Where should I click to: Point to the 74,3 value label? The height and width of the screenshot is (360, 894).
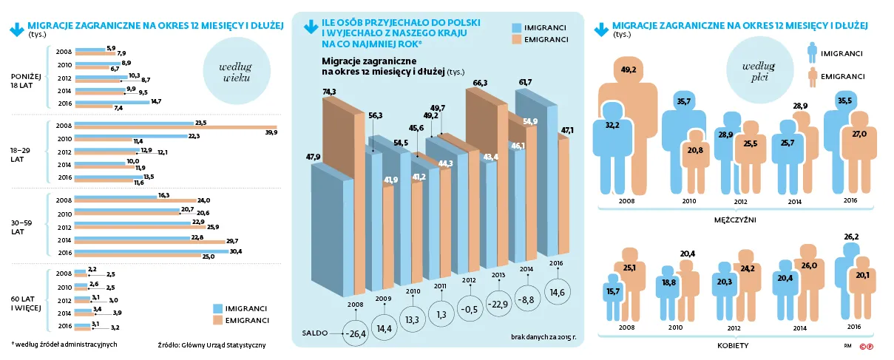point(330,92)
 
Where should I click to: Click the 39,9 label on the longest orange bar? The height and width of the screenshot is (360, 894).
point(271,132)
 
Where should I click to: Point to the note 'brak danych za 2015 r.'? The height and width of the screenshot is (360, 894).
point(543,337)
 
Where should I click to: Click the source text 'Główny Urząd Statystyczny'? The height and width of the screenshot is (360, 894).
point(223,344)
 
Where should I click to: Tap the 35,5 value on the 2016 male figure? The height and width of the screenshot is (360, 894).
point(844,101)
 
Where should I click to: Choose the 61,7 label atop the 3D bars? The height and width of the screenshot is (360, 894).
point(525,82)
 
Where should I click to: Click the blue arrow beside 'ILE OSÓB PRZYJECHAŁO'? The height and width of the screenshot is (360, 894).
point(311,27)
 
